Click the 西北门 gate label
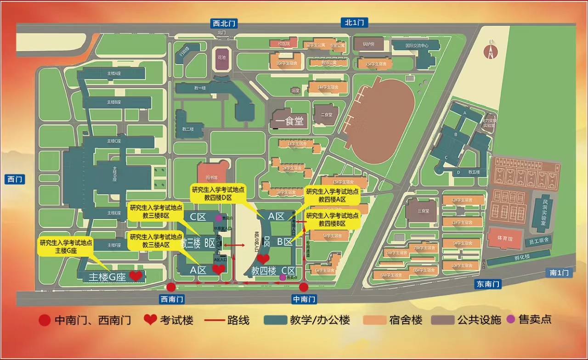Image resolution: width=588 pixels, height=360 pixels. click(224, 22)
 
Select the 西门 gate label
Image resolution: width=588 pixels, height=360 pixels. click(15, 179)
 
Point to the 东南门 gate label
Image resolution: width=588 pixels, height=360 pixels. click(488, 284)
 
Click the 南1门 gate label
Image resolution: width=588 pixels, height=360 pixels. click(559, 273)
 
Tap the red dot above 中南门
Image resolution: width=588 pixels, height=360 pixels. click(304, 287)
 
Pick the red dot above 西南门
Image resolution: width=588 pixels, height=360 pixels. click(171, 287)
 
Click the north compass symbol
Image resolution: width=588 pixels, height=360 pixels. click(491, 50)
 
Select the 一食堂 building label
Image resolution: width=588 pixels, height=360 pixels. click(289, 122)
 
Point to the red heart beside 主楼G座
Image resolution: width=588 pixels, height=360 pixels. click(136, 276)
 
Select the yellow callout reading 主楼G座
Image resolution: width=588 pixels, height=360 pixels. click(66, 247)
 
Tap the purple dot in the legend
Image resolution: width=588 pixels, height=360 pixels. click(509, 320)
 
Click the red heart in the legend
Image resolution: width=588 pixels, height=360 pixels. click(150, 320)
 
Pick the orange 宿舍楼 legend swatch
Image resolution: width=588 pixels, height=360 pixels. click(374, 320)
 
